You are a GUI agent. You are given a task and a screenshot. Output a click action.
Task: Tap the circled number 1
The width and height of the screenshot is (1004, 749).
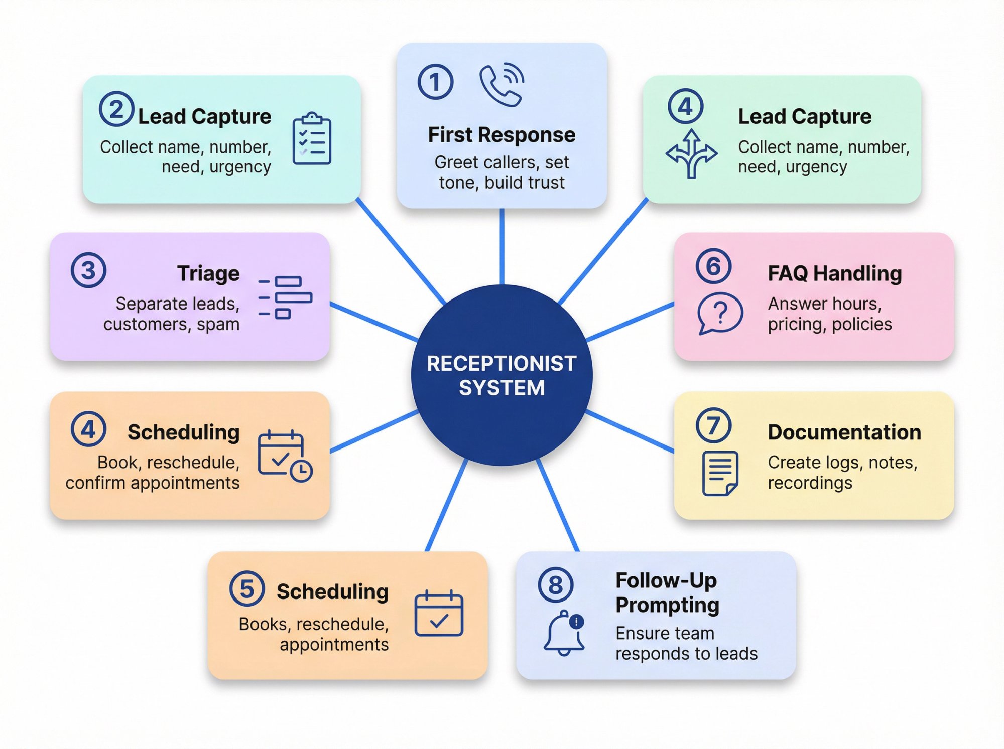coord(435,82)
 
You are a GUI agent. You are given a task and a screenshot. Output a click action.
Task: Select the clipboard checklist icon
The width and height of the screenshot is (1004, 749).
coord(312,139)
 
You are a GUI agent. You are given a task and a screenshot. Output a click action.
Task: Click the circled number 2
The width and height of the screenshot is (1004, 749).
coord(116,109)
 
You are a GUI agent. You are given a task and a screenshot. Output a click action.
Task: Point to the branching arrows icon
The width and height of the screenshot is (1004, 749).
coord(691,154)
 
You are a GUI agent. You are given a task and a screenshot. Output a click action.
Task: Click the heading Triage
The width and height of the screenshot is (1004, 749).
coord(208,274)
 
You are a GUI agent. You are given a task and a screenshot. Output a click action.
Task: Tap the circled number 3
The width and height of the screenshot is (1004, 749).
coord(88,270)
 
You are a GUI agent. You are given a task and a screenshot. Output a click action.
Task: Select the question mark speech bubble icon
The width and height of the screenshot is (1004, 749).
coord(719,314)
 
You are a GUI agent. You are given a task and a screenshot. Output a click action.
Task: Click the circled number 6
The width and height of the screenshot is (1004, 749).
coord(713,266)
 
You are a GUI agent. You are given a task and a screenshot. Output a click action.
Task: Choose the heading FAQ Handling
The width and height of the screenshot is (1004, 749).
coord(834,274)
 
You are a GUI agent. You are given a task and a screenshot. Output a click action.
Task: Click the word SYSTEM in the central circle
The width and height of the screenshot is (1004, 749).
coord(501,388)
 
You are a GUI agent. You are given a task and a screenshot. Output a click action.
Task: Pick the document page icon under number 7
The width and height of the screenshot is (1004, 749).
coord(720,473)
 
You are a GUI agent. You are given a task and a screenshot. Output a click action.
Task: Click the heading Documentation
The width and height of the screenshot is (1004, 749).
coord(844,432)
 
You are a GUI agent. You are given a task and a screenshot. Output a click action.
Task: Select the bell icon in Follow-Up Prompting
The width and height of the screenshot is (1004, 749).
coord(564,633)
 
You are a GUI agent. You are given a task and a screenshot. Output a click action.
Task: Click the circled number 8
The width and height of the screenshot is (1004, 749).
coord(555,585)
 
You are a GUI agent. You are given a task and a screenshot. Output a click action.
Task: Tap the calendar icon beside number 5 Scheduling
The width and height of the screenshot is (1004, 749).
coord(439,614)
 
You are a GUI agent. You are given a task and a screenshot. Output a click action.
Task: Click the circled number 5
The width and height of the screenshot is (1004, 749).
coord(246,588)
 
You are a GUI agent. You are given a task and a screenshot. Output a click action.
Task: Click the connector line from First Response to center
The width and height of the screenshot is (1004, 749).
coord(501,246)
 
